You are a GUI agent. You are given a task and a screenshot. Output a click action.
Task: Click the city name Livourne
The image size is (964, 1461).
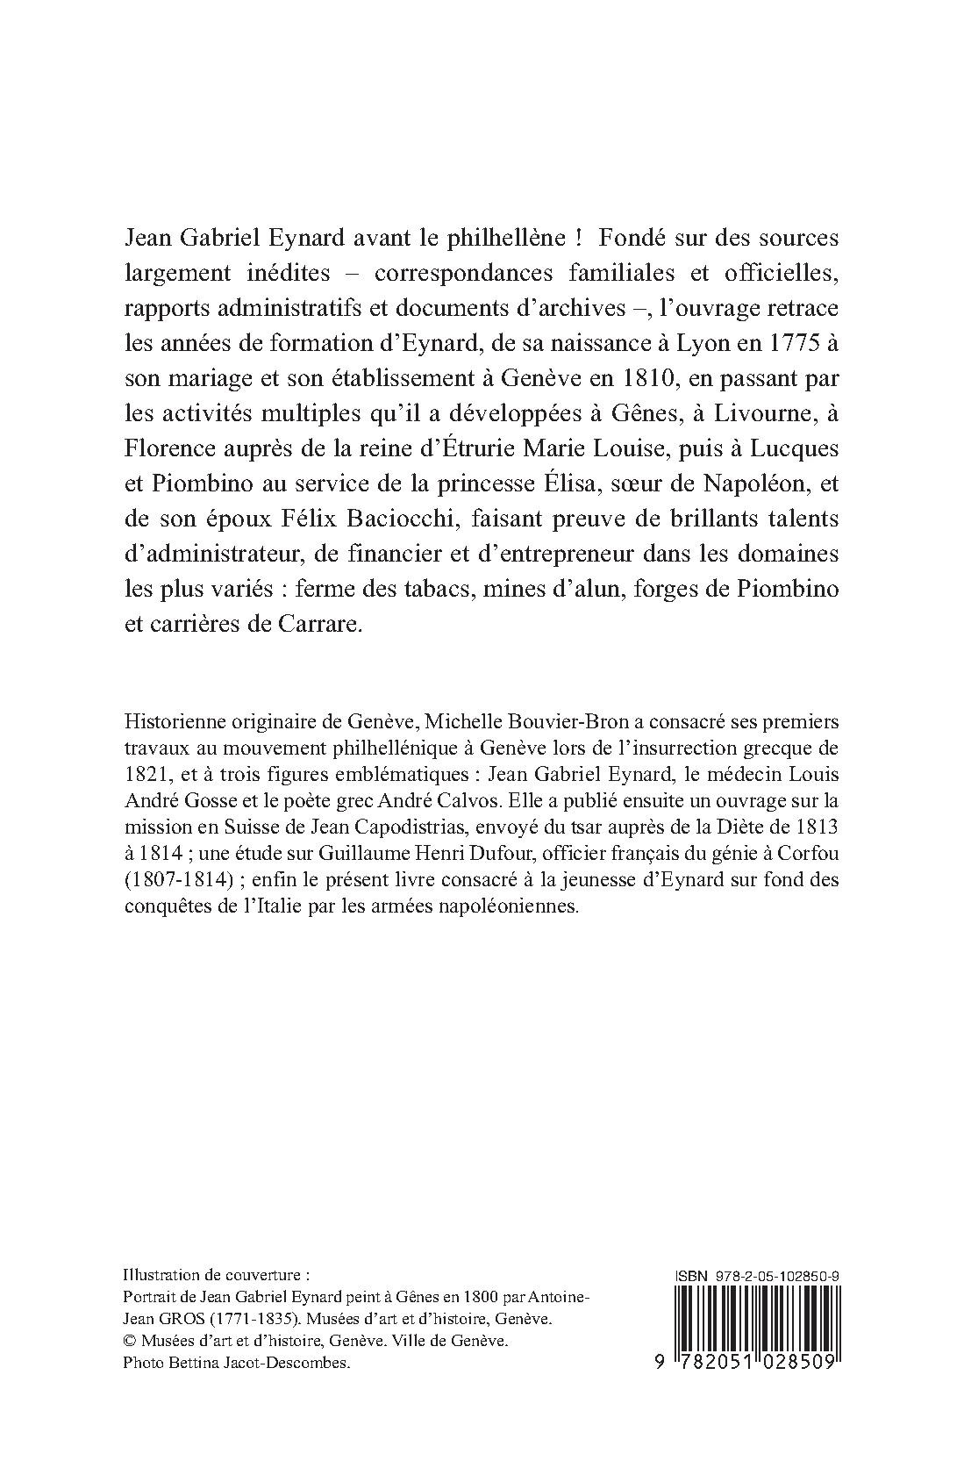(761, 413)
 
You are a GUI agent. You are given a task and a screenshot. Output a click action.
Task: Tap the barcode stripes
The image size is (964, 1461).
(755, 1316)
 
